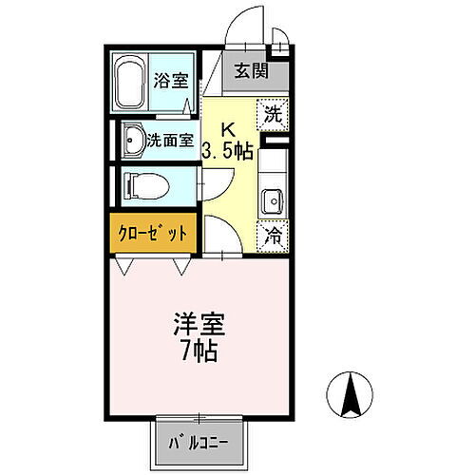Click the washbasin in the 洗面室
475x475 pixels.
pyautogui.click(x=130, y=140)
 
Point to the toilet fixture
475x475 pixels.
pyautogui.click(x=142, y=184)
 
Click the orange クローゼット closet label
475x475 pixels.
pyautogui.click(x=152, y=233)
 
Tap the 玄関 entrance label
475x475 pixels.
pyautogui.click(x=253, y=70)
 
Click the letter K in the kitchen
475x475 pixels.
pyautogui.click(x=229, y=129)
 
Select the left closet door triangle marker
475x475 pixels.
pyautogui.click(x=127, y=265)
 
